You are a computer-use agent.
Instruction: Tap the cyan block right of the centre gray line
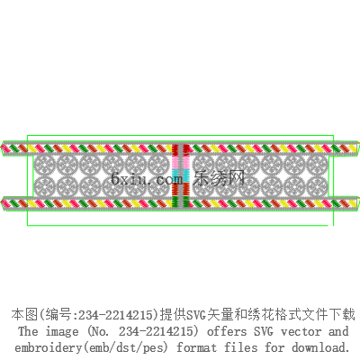pos(186,175)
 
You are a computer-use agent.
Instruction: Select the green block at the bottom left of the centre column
pos(175,202)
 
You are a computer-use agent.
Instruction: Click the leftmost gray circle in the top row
pos(45,165)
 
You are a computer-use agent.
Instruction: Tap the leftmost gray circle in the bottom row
pos(45,186)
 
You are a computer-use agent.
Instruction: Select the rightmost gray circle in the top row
pos(318,165)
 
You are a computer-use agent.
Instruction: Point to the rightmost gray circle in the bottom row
pos(318,186)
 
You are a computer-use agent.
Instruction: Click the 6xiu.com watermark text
pos(147,178)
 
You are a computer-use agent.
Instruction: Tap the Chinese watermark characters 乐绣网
pos(219,178)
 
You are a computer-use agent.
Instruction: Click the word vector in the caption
pos(301,331)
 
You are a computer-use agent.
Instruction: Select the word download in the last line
pos(320,347)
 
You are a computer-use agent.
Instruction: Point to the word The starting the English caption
pos(28,331)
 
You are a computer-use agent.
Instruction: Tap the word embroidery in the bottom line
pos(48,348)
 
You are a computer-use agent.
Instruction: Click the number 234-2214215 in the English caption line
pos(155,331)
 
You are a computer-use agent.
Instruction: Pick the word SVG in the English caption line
pos(264,331)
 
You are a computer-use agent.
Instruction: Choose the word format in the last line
pos(196,347)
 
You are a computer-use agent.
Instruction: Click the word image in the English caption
pos(62,332)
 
